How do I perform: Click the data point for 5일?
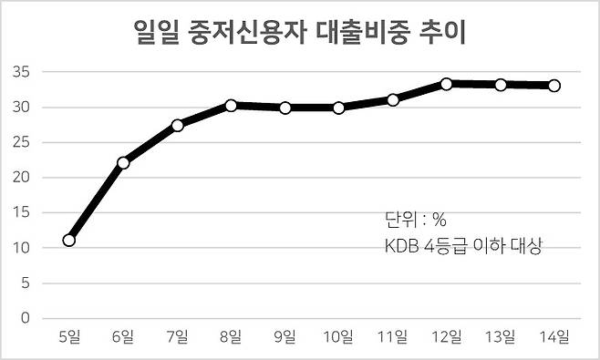[69, 241]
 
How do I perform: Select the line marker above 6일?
[123, 163]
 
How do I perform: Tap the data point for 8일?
[231, 106]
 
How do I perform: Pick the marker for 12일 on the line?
[446, 84]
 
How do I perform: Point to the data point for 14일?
[554, 86]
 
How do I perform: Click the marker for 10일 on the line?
[338, 108]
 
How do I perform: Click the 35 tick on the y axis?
[21, 72]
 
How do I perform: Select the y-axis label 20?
[21, 178]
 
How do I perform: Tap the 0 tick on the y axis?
[26, 318]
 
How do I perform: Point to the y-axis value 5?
[26, 283]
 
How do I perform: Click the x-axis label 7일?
[177, 336]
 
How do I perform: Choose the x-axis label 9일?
[284, 336]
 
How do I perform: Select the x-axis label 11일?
[393, 336]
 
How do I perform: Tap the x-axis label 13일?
[500, 336]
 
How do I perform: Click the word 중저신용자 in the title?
[247, 32]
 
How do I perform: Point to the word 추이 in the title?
[442, 32]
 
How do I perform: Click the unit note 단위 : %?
[416, 220]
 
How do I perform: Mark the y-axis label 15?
[21, 212]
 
